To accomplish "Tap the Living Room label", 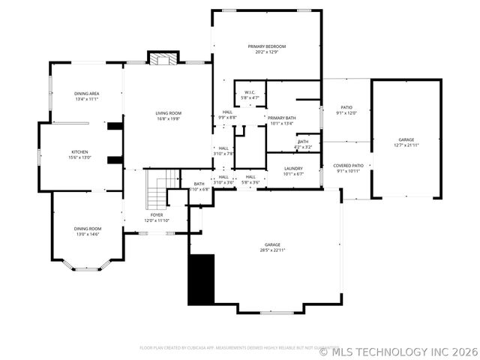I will coord(169,115).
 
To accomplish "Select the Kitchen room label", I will coord(79,154).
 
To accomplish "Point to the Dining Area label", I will coord(87,96).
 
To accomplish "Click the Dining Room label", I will coord(87,231).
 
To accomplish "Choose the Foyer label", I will coord(157,217).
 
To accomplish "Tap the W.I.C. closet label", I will coord(250,95).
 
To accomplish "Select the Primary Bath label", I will coord(282,121).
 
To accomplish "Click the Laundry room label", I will coord(293,171).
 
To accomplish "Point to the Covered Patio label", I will coord(348,168).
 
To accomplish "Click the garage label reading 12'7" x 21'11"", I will coord(406,142).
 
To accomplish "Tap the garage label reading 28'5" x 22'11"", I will coord(271,247).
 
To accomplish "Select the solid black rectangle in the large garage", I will coord(200,279).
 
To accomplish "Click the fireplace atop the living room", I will coord(163,58).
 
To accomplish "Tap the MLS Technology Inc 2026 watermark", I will coord(398,350).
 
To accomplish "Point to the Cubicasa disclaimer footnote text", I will coord(229,348).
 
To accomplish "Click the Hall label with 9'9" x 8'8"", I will coord(227,115).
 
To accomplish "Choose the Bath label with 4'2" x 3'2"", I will coord(302,144).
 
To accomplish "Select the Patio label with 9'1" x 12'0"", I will coord(346,109).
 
